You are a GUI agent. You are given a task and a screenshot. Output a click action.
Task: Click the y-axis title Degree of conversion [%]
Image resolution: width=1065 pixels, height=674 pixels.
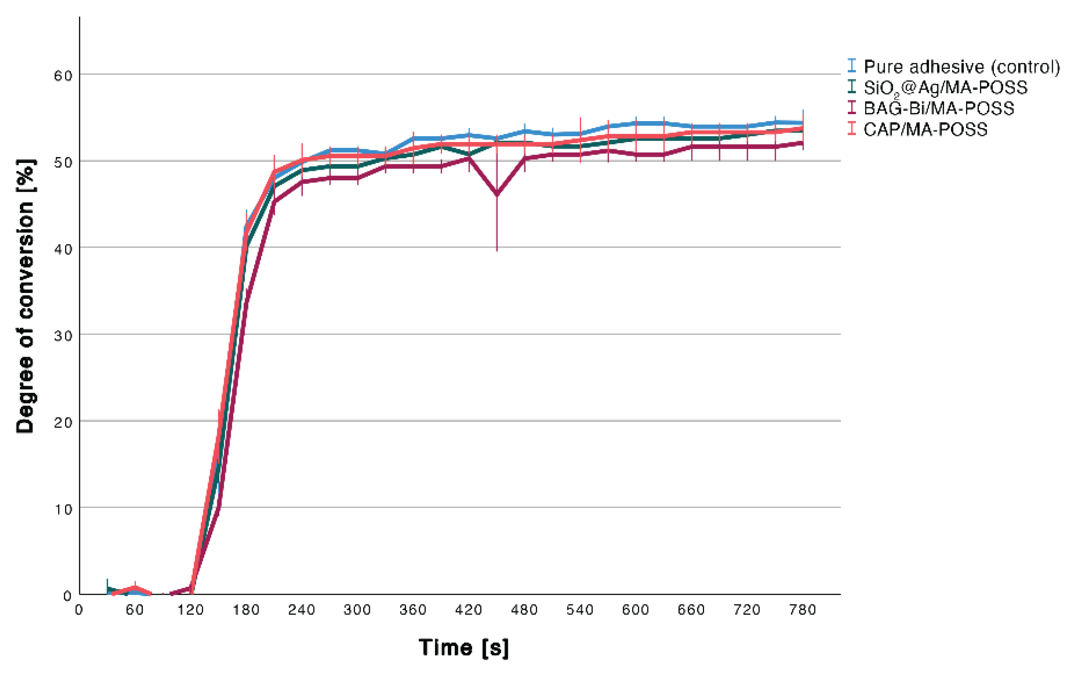coord(25,296)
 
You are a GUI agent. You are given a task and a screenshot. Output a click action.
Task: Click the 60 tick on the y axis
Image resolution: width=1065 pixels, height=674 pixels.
coord(63,75)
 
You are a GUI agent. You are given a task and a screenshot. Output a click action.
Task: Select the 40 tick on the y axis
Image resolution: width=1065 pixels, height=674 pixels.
coord(63,249)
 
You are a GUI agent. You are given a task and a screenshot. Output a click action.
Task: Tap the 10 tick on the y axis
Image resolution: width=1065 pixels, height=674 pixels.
coord(63,509)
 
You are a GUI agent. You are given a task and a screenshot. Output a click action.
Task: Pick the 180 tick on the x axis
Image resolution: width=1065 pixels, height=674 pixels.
coord(246,610)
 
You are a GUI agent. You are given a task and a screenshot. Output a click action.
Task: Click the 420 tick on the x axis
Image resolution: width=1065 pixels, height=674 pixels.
coord(469,610)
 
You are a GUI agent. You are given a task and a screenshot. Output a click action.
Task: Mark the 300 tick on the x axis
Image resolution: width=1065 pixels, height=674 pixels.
coord(357,610)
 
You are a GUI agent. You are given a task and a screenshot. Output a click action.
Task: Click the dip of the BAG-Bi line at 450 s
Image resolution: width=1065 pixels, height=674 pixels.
coord(497,194)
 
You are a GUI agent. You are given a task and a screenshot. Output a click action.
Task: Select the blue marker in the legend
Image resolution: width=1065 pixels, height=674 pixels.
coord(852,66)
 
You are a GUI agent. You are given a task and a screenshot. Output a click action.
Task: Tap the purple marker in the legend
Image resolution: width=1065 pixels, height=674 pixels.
coord(852,107)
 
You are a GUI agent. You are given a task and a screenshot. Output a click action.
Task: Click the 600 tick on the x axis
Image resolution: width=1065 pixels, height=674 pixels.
coord(636,610)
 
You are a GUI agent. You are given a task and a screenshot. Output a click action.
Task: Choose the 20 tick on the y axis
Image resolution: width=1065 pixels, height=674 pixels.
coord(63,422)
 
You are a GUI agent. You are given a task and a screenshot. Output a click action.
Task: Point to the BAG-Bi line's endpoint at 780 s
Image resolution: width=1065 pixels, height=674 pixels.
coord(803,142)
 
